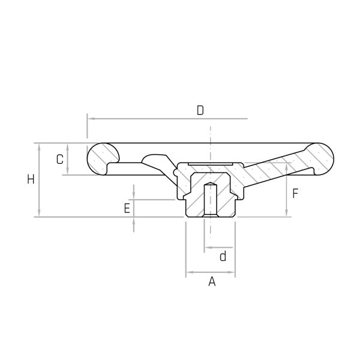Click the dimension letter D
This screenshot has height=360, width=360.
point(200,110)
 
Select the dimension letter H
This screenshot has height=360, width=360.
point(31,179)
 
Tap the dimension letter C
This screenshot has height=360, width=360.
point(60,160)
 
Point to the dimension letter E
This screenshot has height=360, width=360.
point(127,208)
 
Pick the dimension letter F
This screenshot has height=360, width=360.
point(295,193)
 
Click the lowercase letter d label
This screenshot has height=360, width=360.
point(223,256)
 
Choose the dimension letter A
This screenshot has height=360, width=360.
point(212,281)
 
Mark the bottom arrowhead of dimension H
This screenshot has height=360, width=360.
point(39,212)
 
